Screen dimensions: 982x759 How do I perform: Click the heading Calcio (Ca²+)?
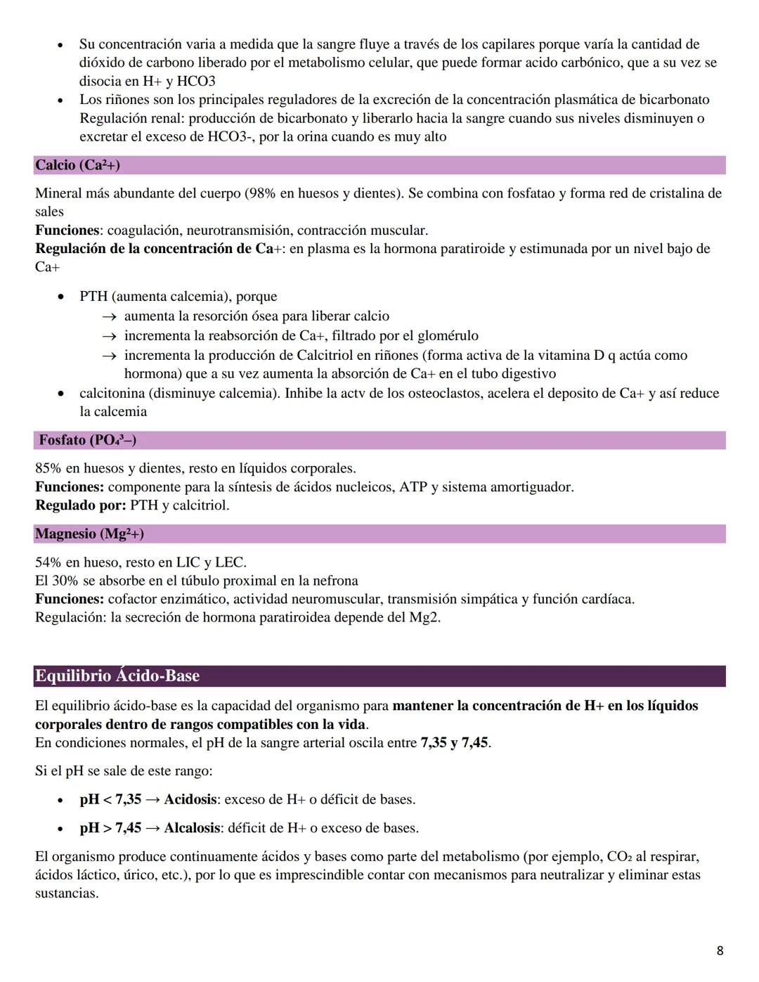pos(77,165)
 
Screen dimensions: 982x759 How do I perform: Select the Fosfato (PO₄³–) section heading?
pos(87,440)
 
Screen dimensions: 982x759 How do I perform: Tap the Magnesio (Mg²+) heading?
pos(89,534)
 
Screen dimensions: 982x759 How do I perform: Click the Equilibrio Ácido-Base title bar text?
pos(117,676)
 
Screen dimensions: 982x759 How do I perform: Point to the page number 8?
pos(720,951)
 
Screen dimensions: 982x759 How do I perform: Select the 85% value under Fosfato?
pos(48,468)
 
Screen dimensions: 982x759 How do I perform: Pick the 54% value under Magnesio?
pos(48,562)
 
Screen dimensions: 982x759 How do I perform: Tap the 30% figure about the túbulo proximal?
pos(65,581)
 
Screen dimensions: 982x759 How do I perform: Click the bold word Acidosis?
pos(191,799)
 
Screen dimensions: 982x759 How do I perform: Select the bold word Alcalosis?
pos(192,828)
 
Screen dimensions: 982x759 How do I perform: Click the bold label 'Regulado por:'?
pos(81,505)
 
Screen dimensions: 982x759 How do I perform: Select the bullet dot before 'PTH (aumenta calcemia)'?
pos(63,297)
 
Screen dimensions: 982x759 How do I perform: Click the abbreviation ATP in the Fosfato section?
pos(413,487)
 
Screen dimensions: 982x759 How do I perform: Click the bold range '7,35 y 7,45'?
pos(454,743)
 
